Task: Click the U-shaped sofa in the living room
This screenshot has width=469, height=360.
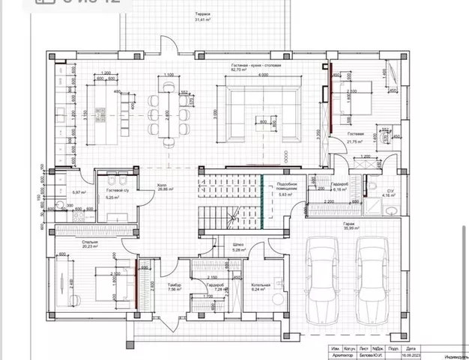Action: click(259, 113)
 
